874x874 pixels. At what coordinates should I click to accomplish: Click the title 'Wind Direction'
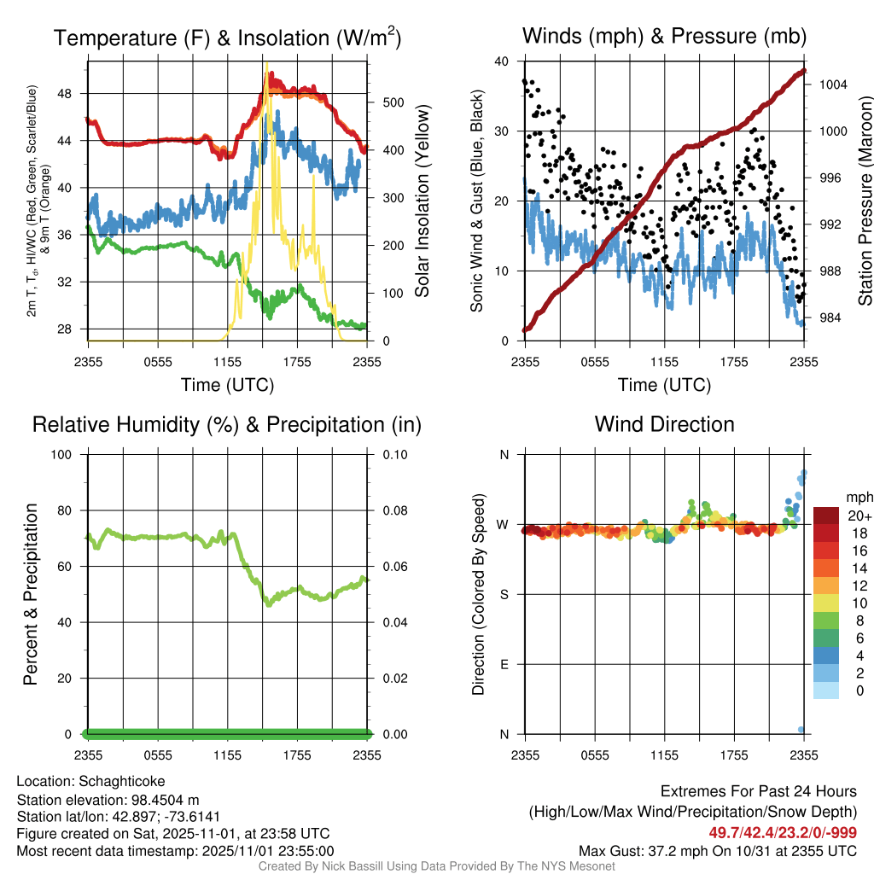click(664, 424)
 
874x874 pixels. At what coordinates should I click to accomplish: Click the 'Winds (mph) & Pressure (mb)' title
click(664, 36)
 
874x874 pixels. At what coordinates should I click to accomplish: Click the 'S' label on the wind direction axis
click(504, 594)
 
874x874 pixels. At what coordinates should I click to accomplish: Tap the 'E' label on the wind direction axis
click(504, 664)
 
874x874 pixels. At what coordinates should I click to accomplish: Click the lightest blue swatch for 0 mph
click(826, 691)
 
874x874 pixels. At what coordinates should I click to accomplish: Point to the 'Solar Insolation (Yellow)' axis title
click(422, 201)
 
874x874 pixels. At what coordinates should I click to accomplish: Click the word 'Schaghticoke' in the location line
click(122, 781)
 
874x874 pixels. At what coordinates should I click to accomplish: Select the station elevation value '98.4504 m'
click(170, 799)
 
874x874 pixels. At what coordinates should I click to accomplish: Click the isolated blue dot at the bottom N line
click(801, 730)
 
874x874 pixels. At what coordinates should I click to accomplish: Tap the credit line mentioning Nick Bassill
click(436, 866)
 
